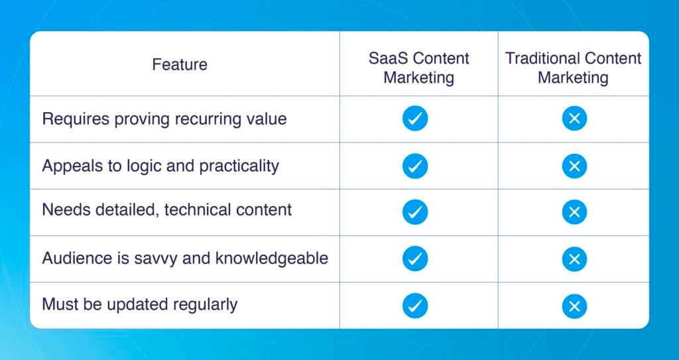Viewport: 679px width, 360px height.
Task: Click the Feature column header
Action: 180,65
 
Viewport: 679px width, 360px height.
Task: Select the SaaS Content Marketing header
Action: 418,68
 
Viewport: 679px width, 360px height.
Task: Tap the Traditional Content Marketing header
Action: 574,68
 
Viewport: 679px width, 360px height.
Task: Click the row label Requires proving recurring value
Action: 164,119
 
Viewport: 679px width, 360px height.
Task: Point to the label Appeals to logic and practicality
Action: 160,166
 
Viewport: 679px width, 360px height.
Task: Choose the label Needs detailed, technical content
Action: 167,210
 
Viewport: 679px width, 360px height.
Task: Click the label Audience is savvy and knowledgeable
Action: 185,258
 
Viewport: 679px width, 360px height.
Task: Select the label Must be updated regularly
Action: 140,305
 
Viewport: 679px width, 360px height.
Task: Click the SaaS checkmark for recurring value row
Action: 415,119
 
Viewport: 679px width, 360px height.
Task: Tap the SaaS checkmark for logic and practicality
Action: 415,166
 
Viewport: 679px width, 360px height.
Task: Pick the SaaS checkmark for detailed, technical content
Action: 415,212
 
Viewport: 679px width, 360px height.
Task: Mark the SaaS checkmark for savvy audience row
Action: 415,259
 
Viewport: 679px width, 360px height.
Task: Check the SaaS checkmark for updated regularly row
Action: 415,306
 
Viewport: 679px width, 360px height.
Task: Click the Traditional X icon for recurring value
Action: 574,119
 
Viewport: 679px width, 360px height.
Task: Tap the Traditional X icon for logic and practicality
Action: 574,166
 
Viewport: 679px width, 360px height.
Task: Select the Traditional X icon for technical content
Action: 574,212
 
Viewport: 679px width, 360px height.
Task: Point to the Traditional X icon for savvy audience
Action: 574,259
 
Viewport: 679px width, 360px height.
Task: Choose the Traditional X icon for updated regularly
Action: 574,306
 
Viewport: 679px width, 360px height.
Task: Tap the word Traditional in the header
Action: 542,58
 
